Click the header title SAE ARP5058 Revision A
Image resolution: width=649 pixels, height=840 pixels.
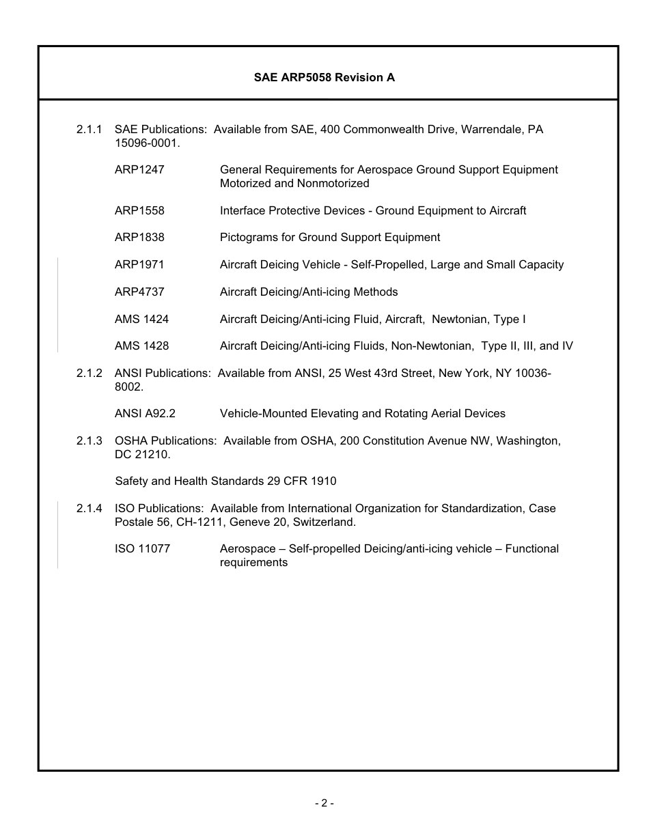[324, 78]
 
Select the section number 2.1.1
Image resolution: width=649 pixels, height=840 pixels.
[89, 129]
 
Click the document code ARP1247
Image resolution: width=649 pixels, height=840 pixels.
[139, 169]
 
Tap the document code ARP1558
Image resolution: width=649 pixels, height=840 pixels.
[139, 210]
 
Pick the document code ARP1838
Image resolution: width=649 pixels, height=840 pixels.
[139, 237]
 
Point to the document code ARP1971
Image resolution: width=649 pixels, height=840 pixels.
[139, 264]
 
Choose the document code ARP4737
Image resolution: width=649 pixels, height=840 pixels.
[139, 292]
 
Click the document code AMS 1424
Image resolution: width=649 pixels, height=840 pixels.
[141, 319]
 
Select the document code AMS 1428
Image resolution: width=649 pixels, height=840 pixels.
[141, 346]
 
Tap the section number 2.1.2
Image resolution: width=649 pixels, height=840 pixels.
[89, 373]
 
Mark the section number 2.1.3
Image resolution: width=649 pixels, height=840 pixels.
[89, 440]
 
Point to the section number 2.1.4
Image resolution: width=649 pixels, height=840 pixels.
[89, 508]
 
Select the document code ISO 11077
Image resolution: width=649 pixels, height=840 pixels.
[142, 548]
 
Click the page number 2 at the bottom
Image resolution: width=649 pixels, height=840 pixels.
[324, 803]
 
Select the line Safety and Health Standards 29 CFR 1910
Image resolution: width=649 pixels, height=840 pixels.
[225, 481]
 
